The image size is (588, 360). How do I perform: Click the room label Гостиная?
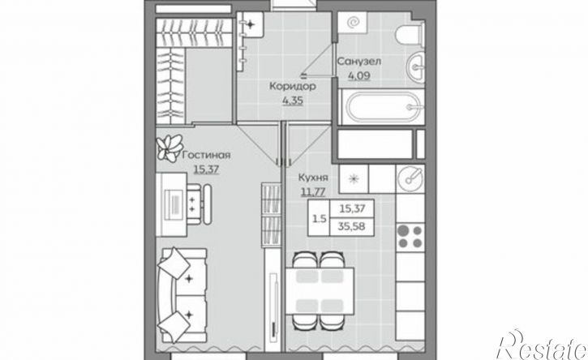tap(206, 155)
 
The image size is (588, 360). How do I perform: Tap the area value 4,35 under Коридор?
tap(293, 101)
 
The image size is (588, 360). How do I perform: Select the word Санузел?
tap(359, 61)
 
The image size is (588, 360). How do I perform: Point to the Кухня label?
tap(313, 178)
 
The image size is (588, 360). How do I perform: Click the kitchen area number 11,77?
tap(313, 192)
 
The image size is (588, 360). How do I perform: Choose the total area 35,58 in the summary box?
tap(352, 226)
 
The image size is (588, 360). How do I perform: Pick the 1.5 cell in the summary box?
tap(319, 219)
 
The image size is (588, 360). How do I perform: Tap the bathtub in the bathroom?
tap(380, 107)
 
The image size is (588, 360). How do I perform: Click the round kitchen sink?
tap(410, 178)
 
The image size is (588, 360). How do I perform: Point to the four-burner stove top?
tap(410, 237)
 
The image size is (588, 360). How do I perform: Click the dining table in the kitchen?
tap(320, 291)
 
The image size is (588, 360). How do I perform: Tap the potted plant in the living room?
tap(170, 148)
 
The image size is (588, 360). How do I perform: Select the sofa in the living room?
tap(182, 295)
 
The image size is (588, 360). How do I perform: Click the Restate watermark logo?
tap(542, 345)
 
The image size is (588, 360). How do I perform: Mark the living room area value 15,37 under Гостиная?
tap(206, 169)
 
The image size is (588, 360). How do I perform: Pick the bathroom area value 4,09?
tap(359, 76)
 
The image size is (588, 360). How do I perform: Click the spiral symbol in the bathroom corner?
tap(353, 24)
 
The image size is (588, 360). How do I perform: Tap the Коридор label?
tap(293, 86)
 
